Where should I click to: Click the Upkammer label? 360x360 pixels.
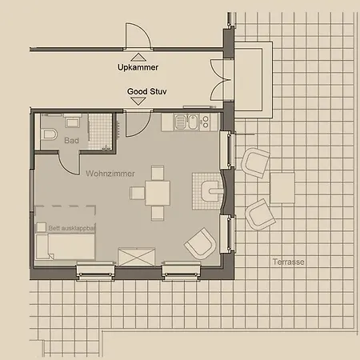point(138,67)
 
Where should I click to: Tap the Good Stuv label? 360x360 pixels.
point(147,91)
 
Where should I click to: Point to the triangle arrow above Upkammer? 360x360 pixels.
point(138,58)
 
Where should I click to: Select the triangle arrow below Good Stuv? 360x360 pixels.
point(138,102)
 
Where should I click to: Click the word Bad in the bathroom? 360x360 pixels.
point(71,141)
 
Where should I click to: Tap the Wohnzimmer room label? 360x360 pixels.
point(110,174)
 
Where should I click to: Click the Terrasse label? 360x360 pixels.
point(288,262)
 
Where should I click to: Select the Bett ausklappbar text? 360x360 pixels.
point(72,229)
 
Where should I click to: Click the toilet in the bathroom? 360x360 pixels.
point(49,134)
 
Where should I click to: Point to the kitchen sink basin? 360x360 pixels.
point(193,122)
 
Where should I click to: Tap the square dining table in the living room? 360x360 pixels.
point(158,193)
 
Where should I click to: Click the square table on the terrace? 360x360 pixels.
point(282,188)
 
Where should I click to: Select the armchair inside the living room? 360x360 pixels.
point(200,244)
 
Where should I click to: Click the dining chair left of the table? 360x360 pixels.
point(138,193)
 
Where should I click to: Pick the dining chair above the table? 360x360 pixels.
point(158,173)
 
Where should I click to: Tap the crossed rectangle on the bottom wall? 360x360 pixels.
point(137,257)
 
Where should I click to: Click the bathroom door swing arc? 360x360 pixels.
point(66,167)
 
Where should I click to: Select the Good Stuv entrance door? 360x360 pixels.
point(138,124)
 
